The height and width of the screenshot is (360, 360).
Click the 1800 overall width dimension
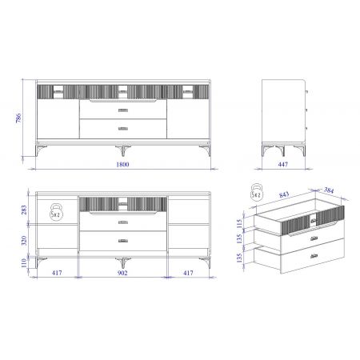(122, 164)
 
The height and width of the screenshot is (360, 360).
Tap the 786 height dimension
(18, 118)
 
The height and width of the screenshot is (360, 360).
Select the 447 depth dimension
(282, 164)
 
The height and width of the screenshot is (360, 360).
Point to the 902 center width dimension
(122, 273)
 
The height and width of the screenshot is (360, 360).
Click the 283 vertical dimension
(24, 210)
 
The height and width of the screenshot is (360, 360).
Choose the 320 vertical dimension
(24, 241)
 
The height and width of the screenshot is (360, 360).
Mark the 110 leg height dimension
(24, 263)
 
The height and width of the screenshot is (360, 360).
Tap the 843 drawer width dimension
(284, 194)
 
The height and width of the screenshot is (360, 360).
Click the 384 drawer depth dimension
(329, 190)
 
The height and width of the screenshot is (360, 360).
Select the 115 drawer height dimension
(239, 223)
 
